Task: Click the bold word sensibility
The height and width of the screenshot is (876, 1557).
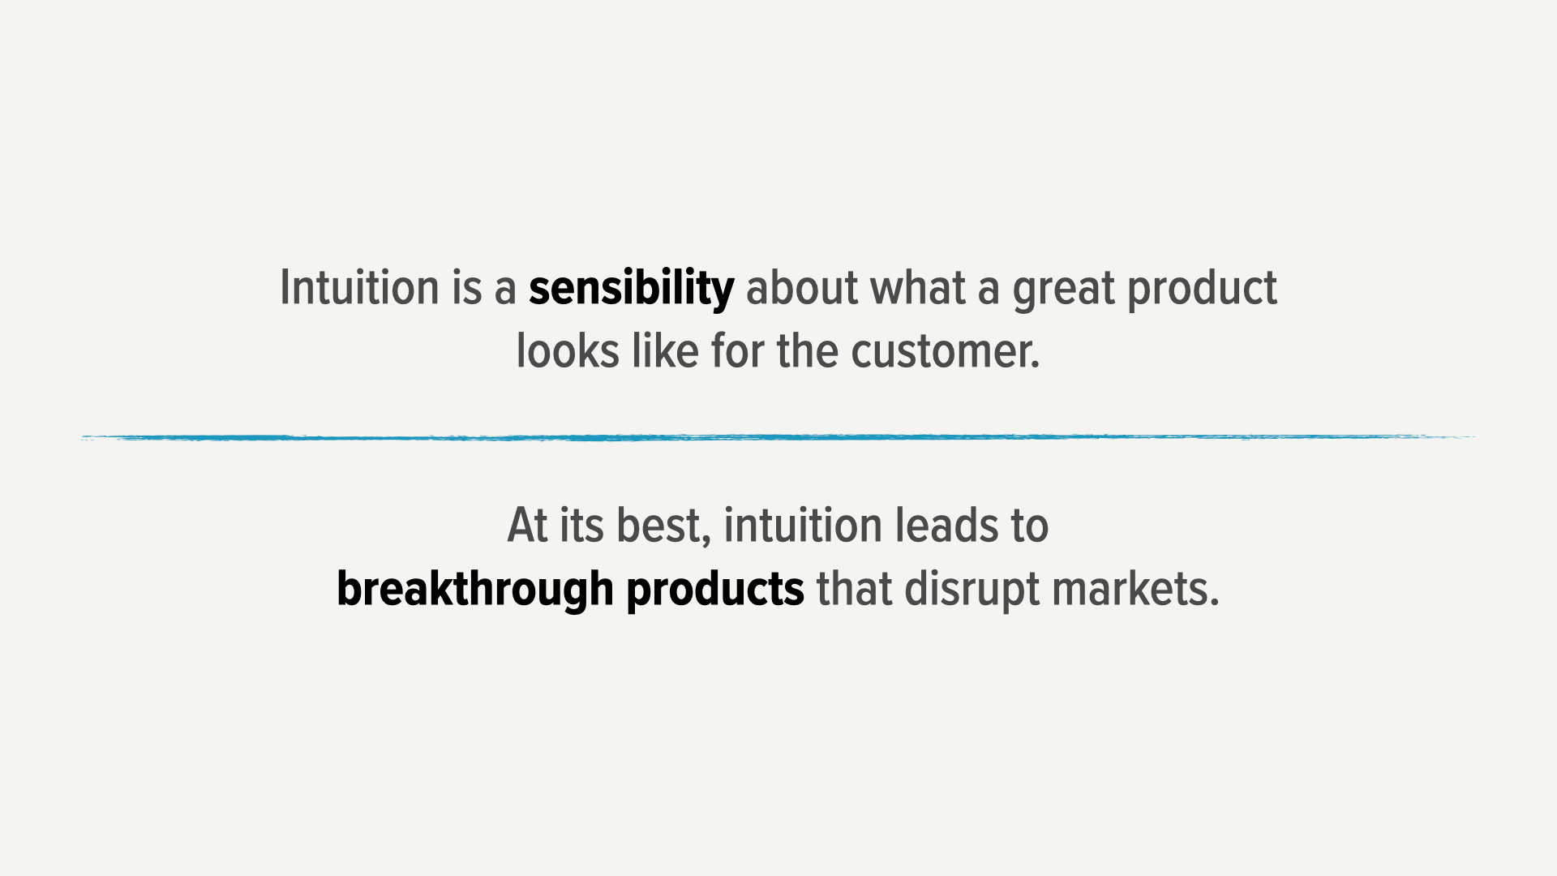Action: click(x=632, y=290)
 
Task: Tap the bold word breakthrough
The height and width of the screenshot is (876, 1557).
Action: click(x=475, y=589)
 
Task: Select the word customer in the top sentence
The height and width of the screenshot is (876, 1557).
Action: click(x=946, y=352)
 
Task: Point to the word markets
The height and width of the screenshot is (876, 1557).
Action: click(x=1135, y=589)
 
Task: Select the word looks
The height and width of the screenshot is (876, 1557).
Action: click(x=568, y=351)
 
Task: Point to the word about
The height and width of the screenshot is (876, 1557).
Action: click(x=802, y=288)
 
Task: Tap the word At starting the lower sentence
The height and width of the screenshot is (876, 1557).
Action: click(x=528, y=525)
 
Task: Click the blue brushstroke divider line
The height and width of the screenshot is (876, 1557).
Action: click(x=778, y=438)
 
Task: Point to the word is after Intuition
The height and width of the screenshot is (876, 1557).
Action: click(x=467, y=288)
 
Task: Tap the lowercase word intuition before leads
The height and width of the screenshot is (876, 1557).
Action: click(x=804, y=525)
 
